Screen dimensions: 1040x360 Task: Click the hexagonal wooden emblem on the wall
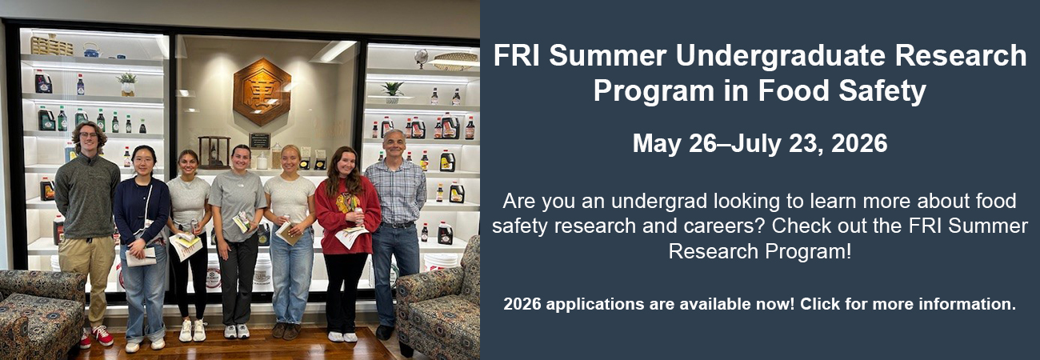pos(262,91)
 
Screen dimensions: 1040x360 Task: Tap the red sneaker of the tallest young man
pos(103,335)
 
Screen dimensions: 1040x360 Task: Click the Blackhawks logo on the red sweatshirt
pos(348,202)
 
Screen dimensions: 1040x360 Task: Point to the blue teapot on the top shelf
pos(91,50)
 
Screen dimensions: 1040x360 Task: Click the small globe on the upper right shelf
pos(421,58)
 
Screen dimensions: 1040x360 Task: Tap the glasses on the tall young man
pos(88,135)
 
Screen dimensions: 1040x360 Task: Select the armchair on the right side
pos(438,298)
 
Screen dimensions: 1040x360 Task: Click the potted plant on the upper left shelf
pos(127,84)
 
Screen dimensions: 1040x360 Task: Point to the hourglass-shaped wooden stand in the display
pos(214,152)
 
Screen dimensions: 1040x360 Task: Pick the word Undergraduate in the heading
pos(781,57)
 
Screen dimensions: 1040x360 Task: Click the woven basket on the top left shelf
pos(52,46)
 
